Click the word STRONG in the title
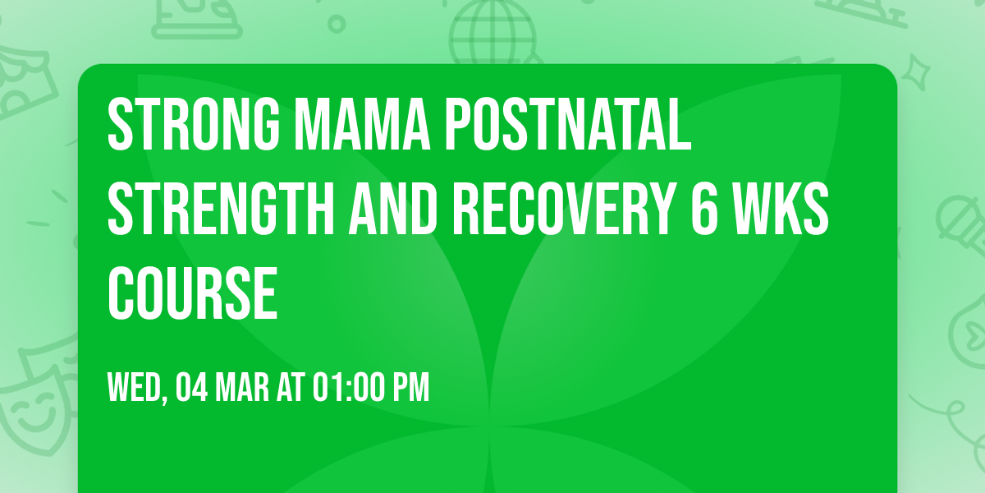click(x=194, y=125)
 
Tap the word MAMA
click(x=362, y=125)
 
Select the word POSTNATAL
click(x=568, y=125)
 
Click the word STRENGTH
click(x=221, y=210)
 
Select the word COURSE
click(x=193, y=294)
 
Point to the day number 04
click(x=191, y=387)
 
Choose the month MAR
click(x=242, y=387)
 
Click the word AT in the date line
click(x=291, y=387)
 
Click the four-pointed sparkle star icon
click(x=915, y=72)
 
